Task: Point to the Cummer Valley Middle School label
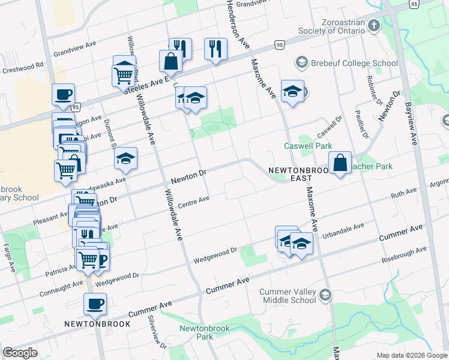coord(288,296)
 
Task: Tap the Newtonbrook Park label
coord(196,332)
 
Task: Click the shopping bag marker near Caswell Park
coord(340,162)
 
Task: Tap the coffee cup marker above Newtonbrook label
coord(95,304)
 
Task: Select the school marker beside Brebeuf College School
coord(292,91)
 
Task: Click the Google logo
coord(20,353)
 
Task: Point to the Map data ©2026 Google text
coord(411,355)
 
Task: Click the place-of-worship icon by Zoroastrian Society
coord(374,26)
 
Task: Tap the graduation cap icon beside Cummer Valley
coord(325,294)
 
